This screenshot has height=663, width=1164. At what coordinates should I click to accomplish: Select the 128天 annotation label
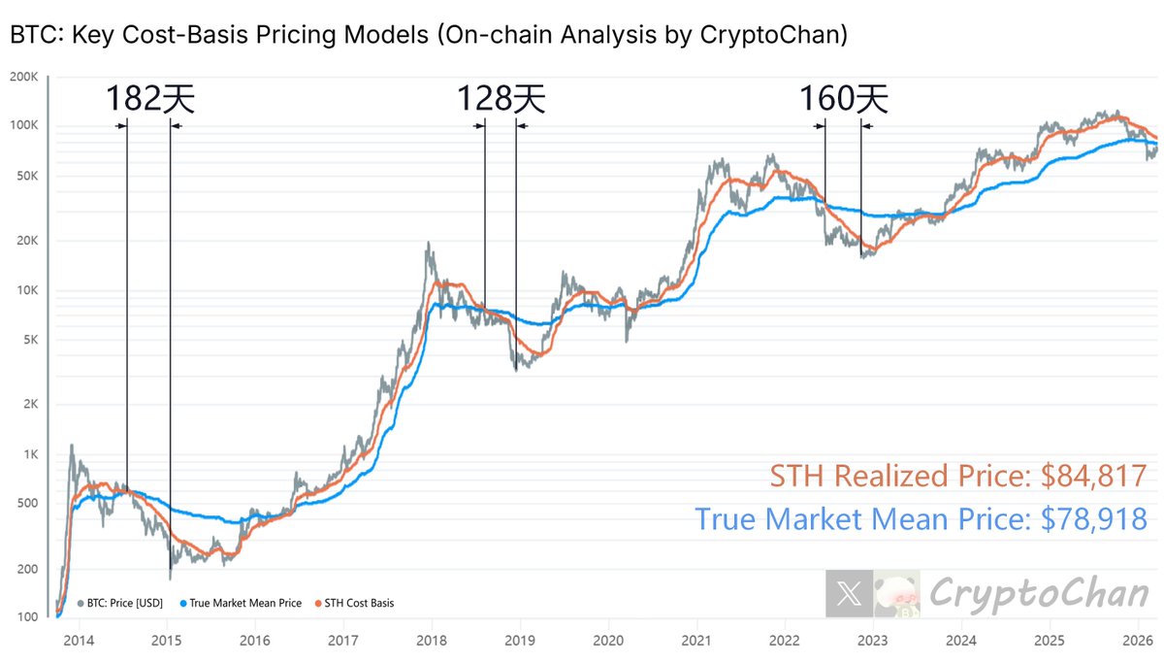tap(501, 99)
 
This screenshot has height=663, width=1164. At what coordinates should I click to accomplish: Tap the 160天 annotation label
tap(843, 99)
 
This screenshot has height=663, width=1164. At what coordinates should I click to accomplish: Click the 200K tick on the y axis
tap(22, 77)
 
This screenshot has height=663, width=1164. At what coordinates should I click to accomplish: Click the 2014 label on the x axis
tap(80, 641)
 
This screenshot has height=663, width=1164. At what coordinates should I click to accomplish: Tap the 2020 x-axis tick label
tap(608, 641)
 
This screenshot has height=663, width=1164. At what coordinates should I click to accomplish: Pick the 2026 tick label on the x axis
tap(1137, 641)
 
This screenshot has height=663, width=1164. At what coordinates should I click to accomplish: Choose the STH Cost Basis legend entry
tap(358, 603)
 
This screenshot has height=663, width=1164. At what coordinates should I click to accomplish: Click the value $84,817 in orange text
tap(1094, 476)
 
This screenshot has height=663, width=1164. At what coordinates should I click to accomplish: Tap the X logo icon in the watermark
tap(849, 593)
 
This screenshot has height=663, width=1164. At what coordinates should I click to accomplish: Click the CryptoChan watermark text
tap(1038, 593)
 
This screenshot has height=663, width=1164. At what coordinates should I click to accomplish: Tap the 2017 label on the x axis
tap(343, 641)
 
